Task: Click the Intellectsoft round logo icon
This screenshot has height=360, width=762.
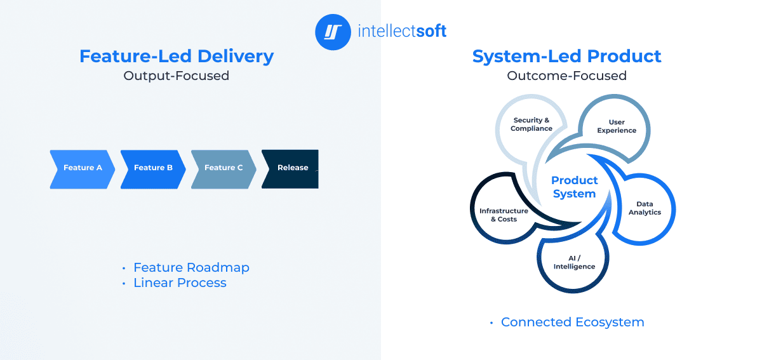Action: [333, 32]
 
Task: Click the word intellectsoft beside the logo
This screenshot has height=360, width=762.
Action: [402, 31]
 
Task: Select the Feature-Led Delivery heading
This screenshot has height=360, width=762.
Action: [177, 56]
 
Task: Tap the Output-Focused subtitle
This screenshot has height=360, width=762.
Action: [177, 76]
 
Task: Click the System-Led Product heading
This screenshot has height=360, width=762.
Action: [566, 56]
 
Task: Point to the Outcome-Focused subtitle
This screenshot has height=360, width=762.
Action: [566, 76]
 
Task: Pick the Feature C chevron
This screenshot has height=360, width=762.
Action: [224, 168]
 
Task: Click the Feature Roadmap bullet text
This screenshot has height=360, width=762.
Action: [191, 267]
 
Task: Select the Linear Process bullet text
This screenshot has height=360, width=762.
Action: [180, 283]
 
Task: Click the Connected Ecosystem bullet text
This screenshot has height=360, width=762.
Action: [572, 323]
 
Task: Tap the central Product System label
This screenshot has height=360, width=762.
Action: [574, 187]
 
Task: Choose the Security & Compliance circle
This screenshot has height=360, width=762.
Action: [531, 124]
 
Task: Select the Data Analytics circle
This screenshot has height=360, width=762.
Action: [645, 208]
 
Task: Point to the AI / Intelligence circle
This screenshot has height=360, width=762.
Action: [574, 262]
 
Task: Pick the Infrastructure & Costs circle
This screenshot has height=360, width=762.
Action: [504, 215]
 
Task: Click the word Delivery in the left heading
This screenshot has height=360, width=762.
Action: [236, 56]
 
